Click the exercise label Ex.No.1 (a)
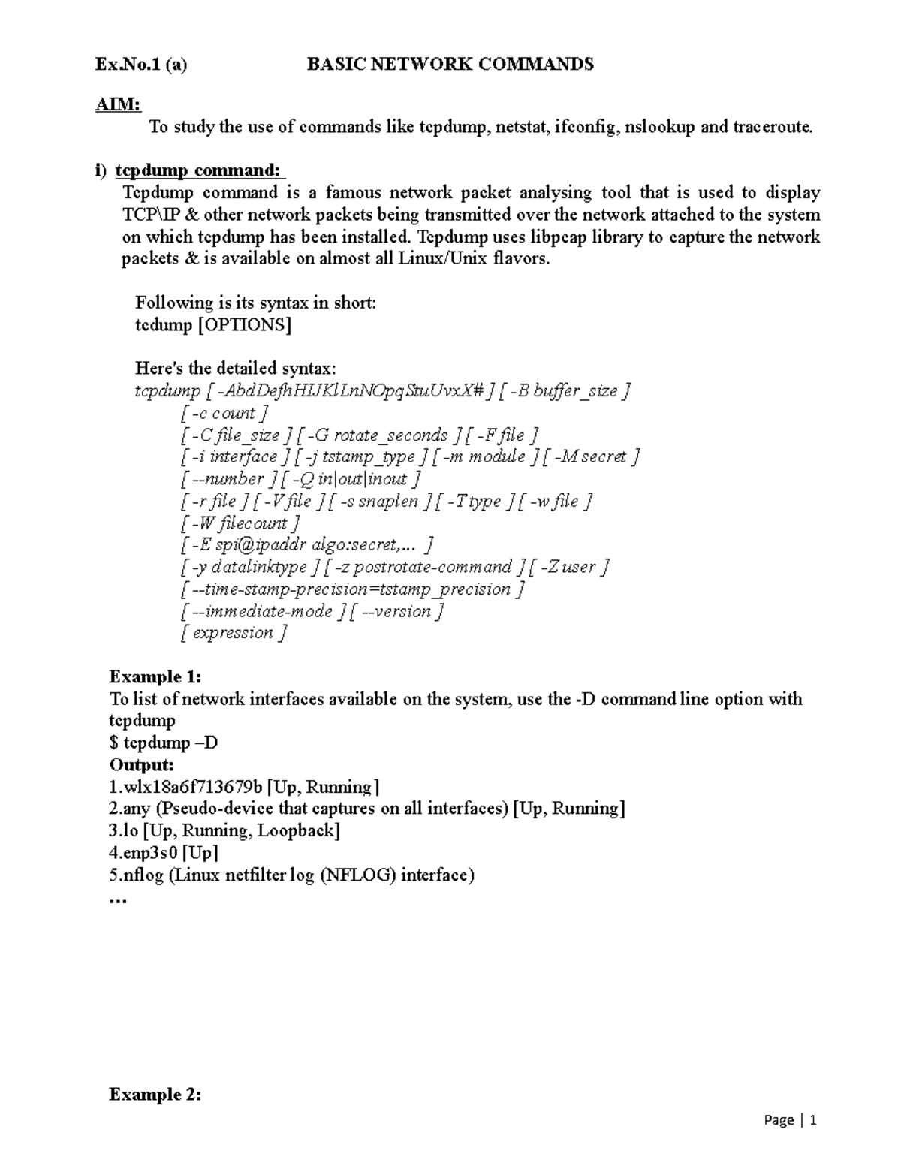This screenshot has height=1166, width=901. click(x=141, y=65)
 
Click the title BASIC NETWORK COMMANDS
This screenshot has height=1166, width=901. click(x=450, y=65)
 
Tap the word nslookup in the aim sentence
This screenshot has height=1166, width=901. click(x=660, y=127)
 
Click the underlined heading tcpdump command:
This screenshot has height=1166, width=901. click(x=200, y=171)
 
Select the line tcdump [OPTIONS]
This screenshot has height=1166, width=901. click(x=213, y=325)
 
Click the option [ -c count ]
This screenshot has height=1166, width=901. click(x=224, y=413)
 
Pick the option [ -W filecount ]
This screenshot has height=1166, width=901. click(x=240, y=523)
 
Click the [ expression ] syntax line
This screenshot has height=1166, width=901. click(x=234, y=633)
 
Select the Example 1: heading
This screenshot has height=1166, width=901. click(x=155, y=676)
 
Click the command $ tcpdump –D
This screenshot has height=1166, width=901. click(x=164, y=743)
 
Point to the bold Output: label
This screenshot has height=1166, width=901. click(x=142, y=765)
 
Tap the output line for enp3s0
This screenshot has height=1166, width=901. click(x=164, y=853)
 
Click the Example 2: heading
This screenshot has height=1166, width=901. click(x=155, y=1095)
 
